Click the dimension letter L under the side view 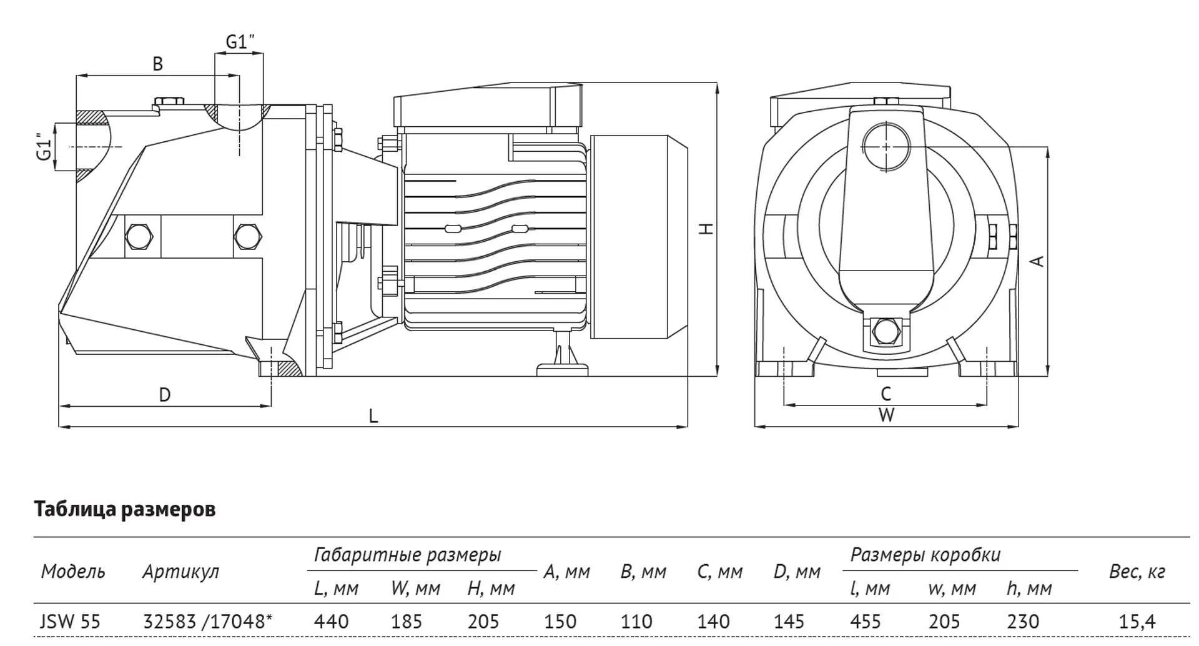[373, 416]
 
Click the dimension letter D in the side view [165, 395]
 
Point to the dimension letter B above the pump [157, 64]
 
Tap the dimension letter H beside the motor [706, 229]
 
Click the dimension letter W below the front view [886, 415]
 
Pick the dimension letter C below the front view [886, 394]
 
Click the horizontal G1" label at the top [240, 42]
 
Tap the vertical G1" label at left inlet [43, 146]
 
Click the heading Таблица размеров [125, 509]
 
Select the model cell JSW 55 [70, 622]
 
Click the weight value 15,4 [1137, 622]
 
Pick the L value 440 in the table [331, 622]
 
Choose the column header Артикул [180, 572]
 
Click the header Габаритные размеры [407, 555]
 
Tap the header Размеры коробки [925, 555]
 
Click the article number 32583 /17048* [208, 622]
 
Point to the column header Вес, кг [1137, 572]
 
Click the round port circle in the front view [886, 147]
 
